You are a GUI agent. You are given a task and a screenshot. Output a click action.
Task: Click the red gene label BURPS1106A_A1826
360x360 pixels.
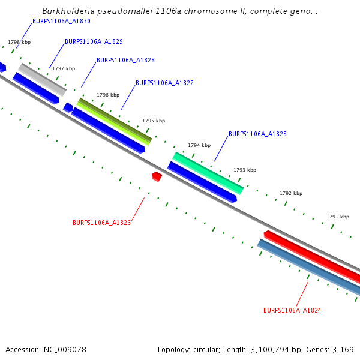(101, 223)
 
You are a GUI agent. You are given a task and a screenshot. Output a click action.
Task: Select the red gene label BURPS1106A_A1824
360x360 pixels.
(292, 310)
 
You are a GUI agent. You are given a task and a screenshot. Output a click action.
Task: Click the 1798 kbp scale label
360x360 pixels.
(19, 43)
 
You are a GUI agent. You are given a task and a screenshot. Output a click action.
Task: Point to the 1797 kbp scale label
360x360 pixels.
(64, 68)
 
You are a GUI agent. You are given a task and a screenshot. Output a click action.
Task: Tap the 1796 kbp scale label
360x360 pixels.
(108, 95)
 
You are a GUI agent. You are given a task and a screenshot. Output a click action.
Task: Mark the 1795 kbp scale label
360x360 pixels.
(154, 121)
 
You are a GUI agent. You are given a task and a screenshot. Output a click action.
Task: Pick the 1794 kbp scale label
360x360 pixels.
(199, 145)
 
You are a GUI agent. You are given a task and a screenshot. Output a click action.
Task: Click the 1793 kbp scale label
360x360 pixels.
(245, 170)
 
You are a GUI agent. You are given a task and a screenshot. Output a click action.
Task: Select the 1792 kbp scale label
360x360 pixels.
(291, 193)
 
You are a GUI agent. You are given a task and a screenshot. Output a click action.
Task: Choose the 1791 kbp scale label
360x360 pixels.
(338, 216)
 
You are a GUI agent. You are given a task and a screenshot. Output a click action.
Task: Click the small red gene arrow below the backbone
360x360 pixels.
(157, 176)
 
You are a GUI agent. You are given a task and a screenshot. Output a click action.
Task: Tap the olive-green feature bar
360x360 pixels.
(114, 119)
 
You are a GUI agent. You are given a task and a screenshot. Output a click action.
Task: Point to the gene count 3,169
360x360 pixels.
(342, 349)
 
